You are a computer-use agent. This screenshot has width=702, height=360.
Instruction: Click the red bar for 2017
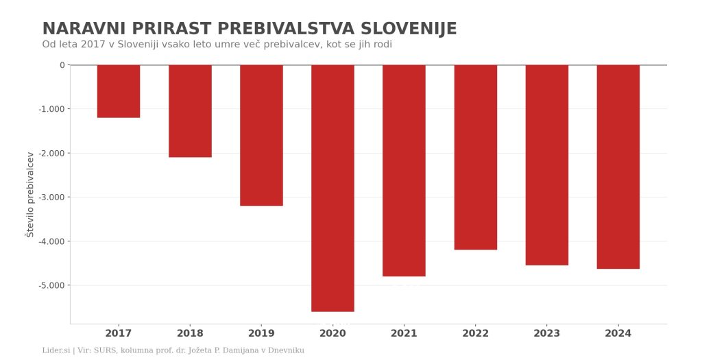119,91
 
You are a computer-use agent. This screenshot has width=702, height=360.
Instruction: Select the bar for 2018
190,111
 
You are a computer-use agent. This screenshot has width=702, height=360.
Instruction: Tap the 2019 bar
261,135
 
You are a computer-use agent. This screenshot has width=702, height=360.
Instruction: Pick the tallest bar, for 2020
332,188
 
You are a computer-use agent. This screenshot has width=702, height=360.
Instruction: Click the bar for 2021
404,171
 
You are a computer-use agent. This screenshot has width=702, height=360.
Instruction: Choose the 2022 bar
476,157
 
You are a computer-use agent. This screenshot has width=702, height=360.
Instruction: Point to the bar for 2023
546,165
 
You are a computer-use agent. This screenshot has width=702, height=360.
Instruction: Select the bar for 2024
618,167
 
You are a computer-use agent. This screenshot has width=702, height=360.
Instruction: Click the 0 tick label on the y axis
62,65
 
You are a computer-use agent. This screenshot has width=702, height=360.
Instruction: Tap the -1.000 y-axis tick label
52,109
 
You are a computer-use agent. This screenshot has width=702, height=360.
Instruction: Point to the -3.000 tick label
52,197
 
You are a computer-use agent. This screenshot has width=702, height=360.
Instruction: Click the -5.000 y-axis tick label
52,285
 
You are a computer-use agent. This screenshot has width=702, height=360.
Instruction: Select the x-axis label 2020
332,333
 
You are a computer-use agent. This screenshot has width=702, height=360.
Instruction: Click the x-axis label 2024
618,333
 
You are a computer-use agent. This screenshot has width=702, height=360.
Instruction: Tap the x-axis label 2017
119,333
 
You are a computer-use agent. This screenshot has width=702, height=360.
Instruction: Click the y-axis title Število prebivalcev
30,194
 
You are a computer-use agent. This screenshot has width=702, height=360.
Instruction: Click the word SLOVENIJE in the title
409,29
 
